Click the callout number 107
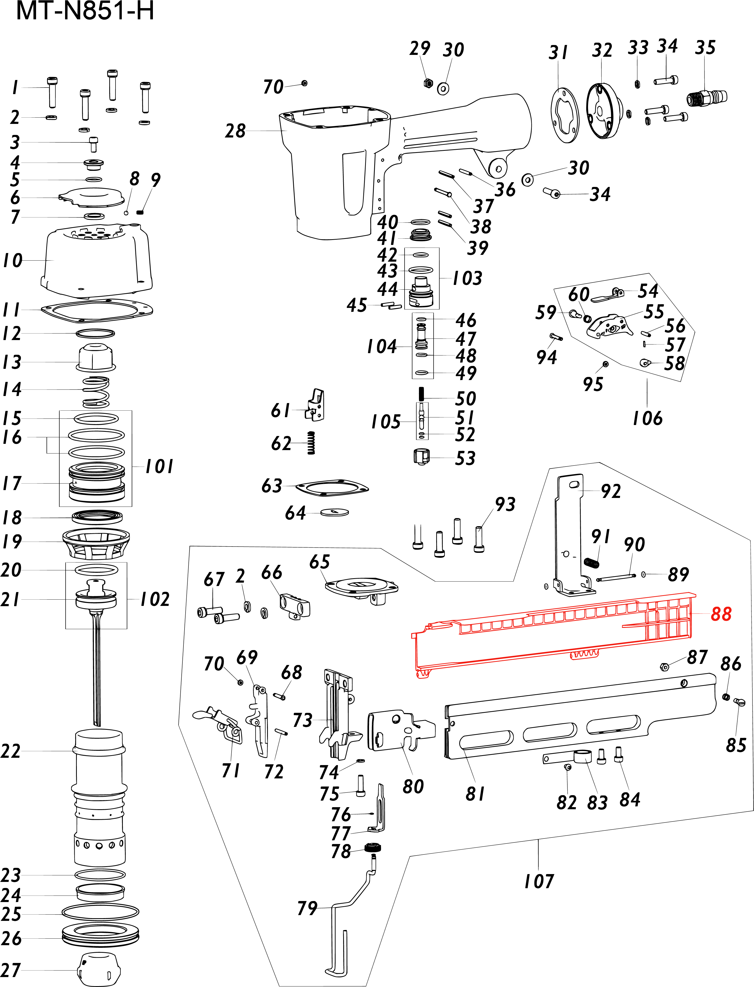(x=539, y=881)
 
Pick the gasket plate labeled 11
(x=96, y=311)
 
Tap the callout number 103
(x=467, y=278)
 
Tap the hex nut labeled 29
(x=428, y=83)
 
